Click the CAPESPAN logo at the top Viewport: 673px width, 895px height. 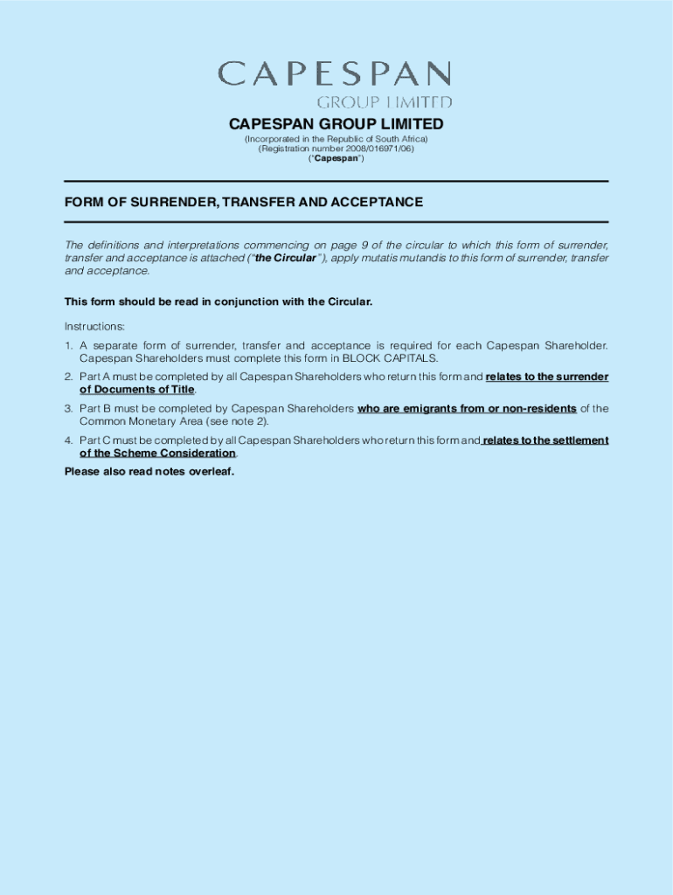click(336, 83)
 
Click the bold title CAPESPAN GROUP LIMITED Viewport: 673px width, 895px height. click(336, 124)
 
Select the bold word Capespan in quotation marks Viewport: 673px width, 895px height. click(336, 159)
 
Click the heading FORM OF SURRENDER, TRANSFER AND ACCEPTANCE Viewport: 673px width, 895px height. click(243, 202)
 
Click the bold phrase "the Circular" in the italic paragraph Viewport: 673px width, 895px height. click(285, 259)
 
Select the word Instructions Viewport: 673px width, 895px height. click(94, 326)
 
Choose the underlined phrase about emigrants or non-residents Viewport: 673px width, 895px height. click(467, 408)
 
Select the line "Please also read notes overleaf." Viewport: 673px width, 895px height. click(149, 472)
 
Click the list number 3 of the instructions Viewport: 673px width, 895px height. click(68, 408)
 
